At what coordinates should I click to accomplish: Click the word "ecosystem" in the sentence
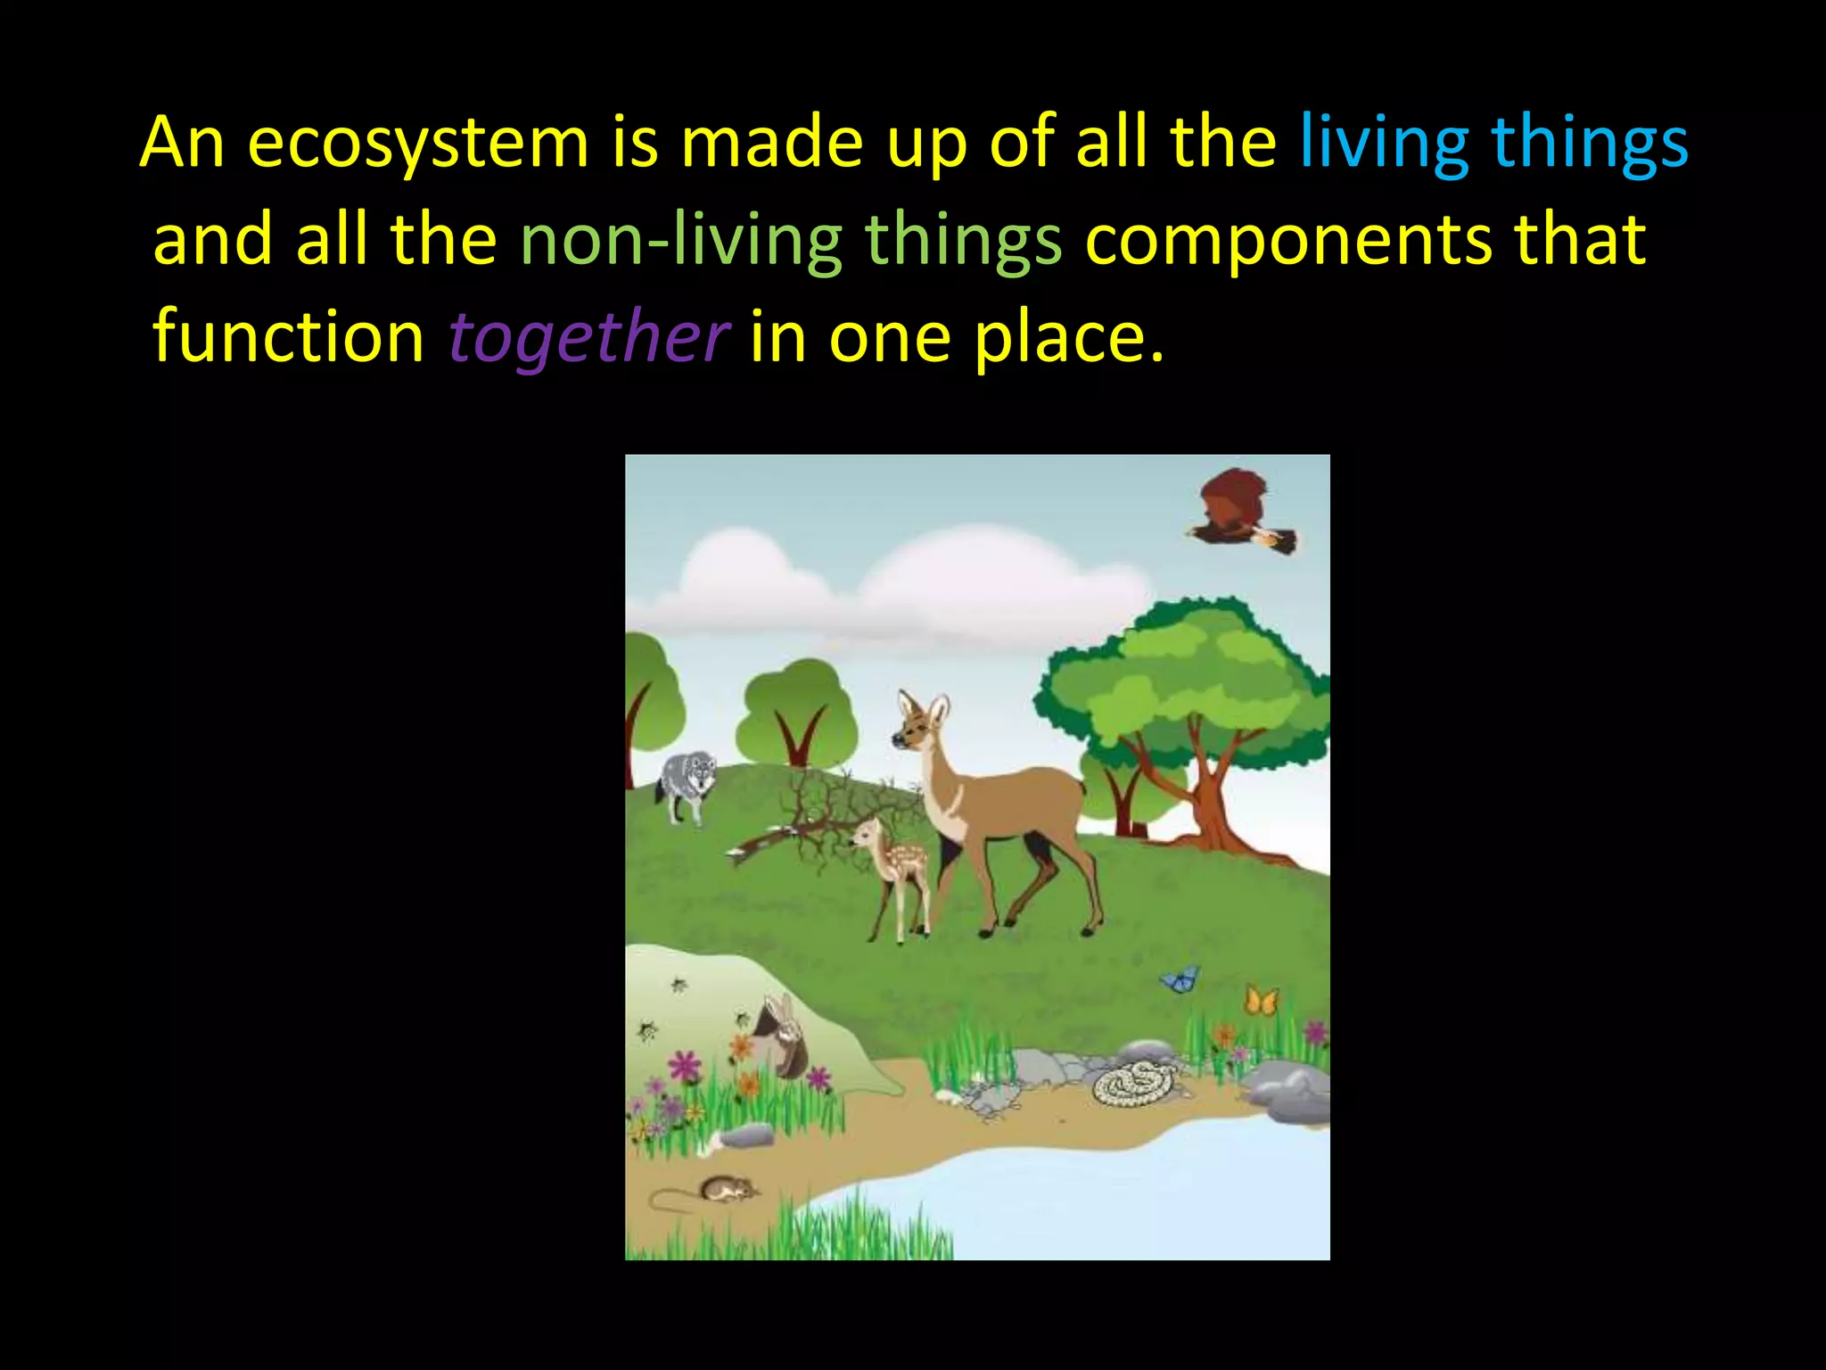point(417,143)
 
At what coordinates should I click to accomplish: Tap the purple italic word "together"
point(588,337)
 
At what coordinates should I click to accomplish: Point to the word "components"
point(1288,240)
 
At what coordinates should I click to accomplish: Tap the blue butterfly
point(1180,979)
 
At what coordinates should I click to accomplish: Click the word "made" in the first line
point(772,143)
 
